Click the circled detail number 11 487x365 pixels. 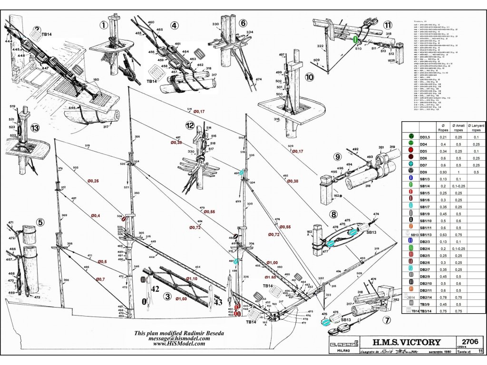(388, 25)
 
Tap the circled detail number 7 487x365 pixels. (387, 320)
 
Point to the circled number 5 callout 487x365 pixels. (40, 221)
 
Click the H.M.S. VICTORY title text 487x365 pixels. (400, 342)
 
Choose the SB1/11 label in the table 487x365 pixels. (425, 228)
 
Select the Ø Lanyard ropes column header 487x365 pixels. (477, 127)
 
